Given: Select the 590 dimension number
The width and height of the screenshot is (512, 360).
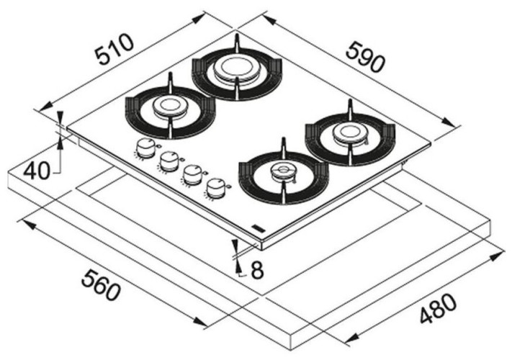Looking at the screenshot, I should coord(364,57).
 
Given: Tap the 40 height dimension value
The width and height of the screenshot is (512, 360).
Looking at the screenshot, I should coord(36,171).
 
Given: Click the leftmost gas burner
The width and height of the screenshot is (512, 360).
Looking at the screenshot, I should coord(170,108).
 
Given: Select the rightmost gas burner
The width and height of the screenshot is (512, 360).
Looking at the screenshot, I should coord(350,132).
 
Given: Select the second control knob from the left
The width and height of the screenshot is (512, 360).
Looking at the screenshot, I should coord(169,161).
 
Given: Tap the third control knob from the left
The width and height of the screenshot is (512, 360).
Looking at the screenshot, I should coord(192,174).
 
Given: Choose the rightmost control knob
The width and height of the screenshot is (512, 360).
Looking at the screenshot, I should coord(215,188).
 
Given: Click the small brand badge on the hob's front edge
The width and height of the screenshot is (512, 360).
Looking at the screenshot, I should coord(258,229).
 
